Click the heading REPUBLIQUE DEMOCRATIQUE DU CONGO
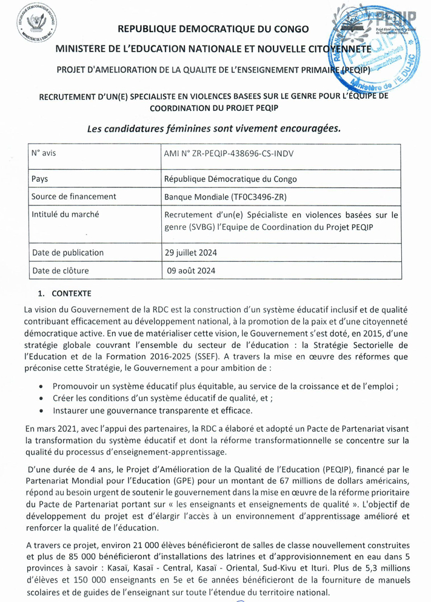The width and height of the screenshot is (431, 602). point(213,28)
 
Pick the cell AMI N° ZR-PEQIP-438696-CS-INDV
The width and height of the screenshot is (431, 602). point(229,153)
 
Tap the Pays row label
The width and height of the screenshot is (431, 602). point(41,179)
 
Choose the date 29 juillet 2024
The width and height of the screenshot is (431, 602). point(192,252)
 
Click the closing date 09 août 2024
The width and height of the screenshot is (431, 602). point(191,271)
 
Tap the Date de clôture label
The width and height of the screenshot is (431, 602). point(63,271)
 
